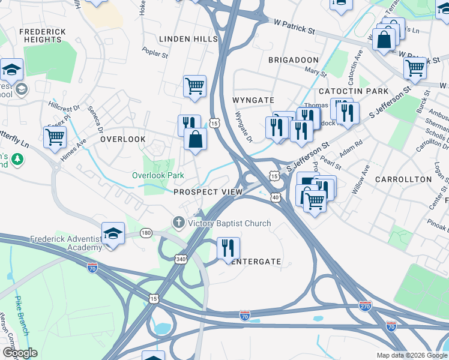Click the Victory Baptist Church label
[229, 223]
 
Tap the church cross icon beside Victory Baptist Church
[178, 223]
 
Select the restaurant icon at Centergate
[228, 248]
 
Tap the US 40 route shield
[276, 196]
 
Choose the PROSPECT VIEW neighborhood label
[208, 192]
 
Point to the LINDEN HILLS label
[188, 39]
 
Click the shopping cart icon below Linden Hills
[194, 86]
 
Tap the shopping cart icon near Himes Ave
[55, 136]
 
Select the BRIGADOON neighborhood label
[293, 61]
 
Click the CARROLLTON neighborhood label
[403, 179]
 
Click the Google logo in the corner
[20, 353]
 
